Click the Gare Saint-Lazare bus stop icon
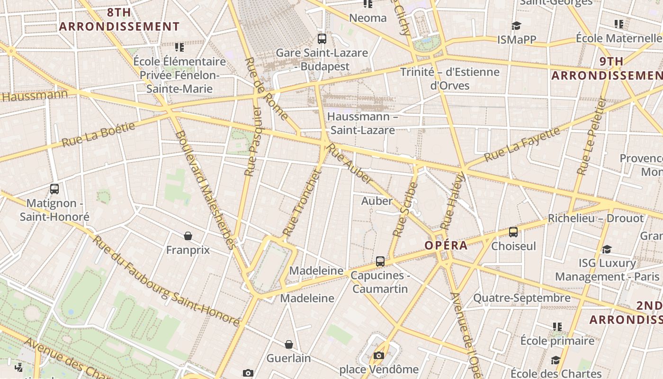(322, 39)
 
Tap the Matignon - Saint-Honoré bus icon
(54, 189)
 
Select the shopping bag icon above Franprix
(188, 235)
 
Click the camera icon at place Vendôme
(378, 355)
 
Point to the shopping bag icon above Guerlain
(289, 344)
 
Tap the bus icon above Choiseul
(513, 232)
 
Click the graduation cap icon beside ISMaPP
(516, 26)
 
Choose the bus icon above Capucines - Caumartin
(380, 261)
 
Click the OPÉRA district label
(446, 245)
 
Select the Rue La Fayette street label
(522, 144)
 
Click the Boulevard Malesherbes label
(205, 189)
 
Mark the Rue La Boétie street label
(99, 134)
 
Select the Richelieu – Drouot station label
(596, 218)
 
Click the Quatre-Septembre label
(522, 298)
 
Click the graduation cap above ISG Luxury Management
(607, 249)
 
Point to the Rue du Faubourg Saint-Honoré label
(166, 281)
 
